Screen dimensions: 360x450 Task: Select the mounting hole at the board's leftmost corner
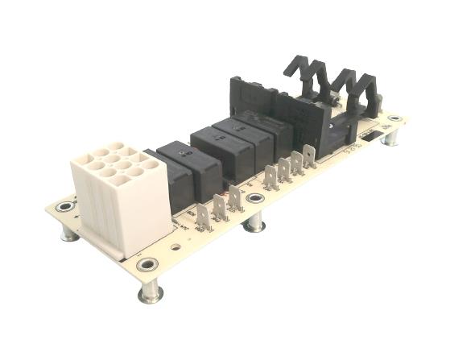[x=63, y=209]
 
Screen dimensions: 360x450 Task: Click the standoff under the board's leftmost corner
[x=69, y=234]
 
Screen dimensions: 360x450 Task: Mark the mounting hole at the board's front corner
[x=147, y=264]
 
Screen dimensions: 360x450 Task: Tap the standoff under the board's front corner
[x=151, y=292]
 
